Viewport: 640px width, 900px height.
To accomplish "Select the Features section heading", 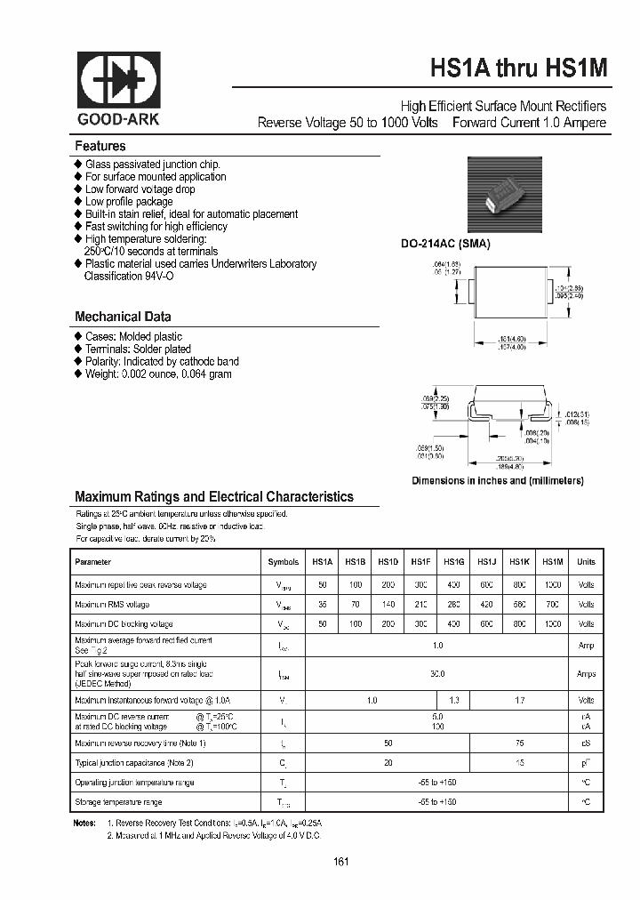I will (100, 146).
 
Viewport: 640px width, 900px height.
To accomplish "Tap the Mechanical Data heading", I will (123, 317).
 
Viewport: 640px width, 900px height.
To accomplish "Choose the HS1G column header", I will (453, 562).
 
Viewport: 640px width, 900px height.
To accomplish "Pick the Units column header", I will (586, 562).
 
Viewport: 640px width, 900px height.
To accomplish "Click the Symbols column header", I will (284, 562).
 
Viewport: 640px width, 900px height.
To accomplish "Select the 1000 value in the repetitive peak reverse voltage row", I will (552, 584).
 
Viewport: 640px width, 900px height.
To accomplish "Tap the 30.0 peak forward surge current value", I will (436, 674).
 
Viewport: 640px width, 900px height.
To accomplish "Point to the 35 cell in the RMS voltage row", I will (322, 604).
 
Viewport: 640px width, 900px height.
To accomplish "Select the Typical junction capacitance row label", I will (134, 762).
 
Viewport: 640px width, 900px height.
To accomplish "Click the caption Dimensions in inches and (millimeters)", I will (497, 480).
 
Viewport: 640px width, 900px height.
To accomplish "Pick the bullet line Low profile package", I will (129, 202).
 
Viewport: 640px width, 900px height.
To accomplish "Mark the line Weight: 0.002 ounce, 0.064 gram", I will (158, 374).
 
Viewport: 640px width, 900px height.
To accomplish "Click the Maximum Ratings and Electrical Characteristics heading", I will (213, 497).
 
